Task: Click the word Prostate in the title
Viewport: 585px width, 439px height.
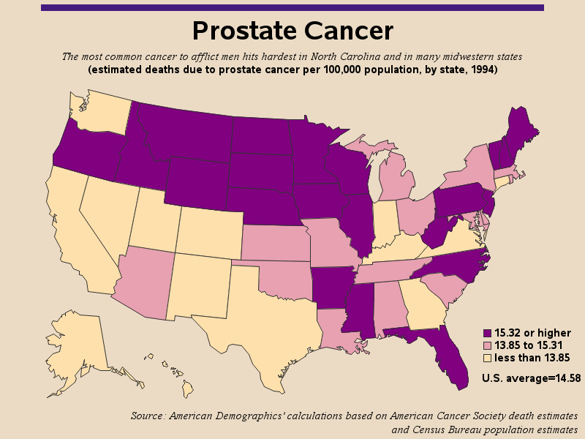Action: click(244, 31)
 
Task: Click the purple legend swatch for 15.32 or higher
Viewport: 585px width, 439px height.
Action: click(487, 333)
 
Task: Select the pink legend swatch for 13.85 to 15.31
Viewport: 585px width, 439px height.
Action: click(487, 345)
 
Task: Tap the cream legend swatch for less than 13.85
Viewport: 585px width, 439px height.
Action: click(487, 358)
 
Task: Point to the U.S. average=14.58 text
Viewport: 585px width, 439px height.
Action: click(531, 378)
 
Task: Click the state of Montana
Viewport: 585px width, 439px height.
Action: click(183, 132)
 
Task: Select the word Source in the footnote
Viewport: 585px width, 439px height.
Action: click(148, 416)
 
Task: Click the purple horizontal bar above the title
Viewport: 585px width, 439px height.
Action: click(292, 7)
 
